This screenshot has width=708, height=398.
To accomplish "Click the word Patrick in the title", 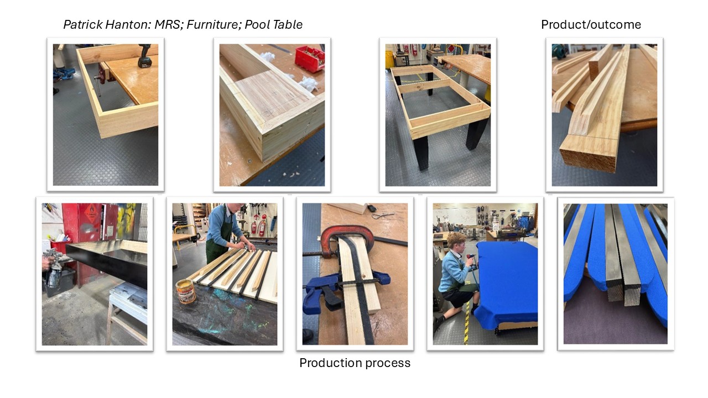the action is pos(83,25).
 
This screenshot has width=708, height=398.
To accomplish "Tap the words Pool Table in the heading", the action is pos(273,25).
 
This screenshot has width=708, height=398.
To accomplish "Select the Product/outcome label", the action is pos(591,25).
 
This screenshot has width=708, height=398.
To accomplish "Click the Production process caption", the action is pos(355,363).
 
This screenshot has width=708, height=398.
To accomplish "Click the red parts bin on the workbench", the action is pos(309,59).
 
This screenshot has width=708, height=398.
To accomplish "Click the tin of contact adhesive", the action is pos(185,291).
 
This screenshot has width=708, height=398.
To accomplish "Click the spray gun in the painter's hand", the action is pos(53,269).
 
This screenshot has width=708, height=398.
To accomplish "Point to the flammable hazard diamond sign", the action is pos(91,214).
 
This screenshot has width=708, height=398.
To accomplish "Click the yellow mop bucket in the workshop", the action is pos(389,61).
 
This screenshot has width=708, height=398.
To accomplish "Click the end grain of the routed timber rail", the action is pos(589,160).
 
